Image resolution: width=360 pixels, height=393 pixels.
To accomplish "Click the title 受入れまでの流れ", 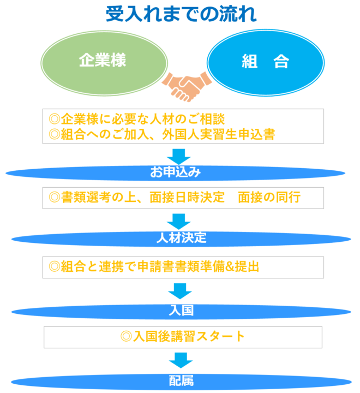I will pos(181,15).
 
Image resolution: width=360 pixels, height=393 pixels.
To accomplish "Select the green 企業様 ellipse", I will pos(103,60).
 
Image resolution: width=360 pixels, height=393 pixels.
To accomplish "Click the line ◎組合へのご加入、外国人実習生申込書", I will pos(161,134).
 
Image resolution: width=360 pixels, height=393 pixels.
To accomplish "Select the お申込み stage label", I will pos(176,174).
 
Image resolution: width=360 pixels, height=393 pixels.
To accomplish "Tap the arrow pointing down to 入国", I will pos(180,291).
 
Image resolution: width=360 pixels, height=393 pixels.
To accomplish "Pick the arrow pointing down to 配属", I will pos(180,360).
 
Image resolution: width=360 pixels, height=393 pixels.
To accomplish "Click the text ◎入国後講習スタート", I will pos(183,336).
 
